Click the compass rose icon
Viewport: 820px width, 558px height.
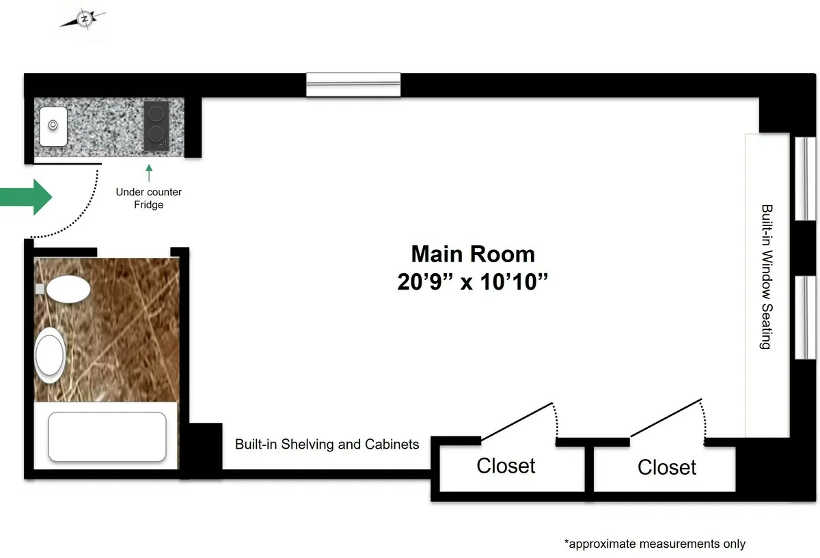coord(83,20)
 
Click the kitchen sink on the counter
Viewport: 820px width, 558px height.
coord(53,126)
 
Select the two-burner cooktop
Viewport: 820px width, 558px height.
coord(156,126)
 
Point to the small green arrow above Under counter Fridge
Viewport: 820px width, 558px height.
coord(149,172)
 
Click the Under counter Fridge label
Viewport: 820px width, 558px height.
coord(148,198)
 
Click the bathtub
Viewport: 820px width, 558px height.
coord(107,436)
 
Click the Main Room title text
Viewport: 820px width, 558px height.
coord(472,254)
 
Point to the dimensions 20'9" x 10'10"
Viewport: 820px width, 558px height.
coord(473,281)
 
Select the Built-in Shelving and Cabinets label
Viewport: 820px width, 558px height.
coord(327,444)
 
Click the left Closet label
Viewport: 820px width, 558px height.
coord(506,466)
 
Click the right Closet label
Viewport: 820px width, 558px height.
coord(666,467)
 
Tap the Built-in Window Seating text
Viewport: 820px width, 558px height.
coord(767,277)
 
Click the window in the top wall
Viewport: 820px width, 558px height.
coord(353,85)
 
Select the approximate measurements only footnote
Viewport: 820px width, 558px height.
coord(654,544)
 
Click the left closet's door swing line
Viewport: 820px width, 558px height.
coord(517,422)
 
